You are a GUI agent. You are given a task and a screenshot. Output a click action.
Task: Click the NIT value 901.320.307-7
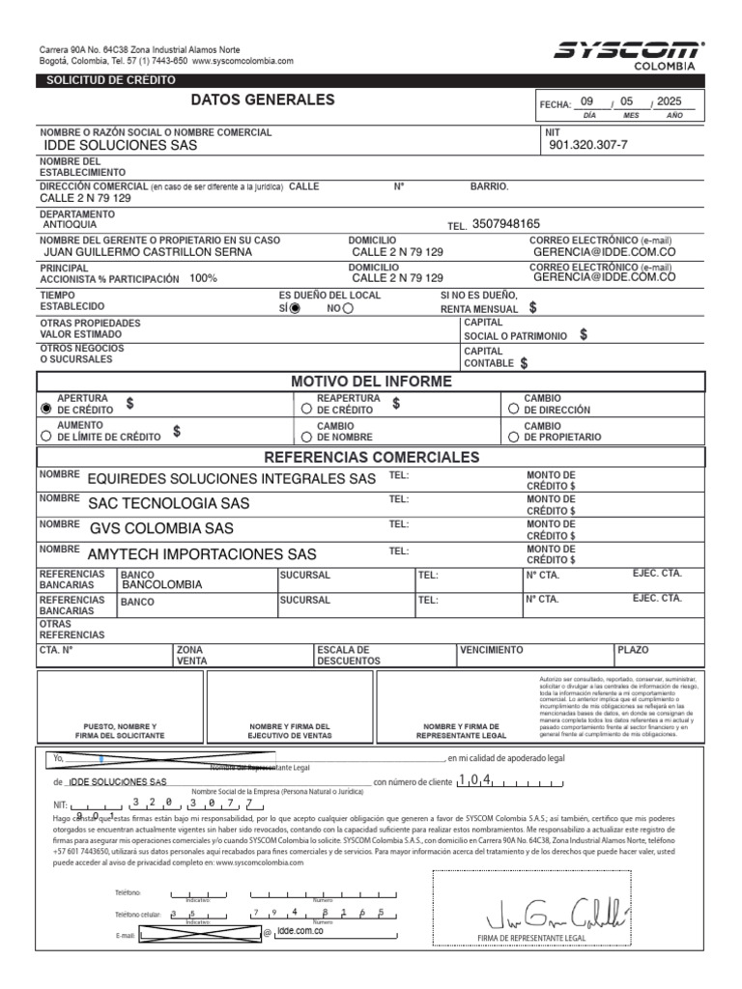coord(587,146)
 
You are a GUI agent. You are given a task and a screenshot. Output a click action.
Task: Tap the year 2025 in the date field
coord(669,101)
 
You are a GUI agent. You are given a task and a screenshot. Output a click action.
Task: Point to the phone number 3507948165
coord(506,223)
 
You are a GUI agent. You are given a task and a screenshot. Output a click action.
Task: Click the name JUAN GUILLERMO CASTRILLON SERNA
coord(148,252)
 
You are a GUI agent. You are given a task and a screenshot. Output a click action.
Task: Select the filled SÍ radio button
coord(295,308)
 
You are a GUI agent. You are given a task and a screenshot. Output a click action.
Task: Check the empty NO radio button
coord(348,308)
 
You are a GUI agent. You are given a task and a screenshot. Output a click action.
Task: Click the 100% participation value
coord(203,278)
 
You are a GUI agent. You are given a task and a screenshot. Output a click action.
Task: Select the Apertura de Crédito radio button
coord(45,409)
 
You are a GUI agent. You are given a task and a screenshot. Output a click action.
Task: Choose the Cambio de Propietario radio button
coord(513,437)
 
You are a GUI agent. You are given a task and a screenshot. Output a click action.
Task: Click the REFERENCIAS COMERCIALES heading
coord(371,457)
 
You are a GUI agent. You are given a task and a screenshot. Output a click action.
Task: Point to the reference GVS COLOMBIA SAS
coord(160,528)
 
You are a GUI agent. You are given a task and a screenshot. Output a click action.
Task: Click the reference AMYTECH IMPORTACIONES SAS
coord(202,554)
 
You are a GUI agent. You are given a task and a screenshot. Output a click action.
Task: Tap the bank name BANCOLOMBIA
coord(163,585)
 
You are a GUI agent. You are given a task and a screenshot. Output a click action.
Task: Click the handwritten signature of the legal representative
coord(557,911)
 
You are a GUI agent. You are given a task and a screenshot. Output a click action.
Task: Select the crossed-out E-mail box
coord(200,933)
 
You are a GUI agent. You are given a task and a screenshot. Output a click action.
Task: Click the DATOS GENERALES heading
coord(263,99)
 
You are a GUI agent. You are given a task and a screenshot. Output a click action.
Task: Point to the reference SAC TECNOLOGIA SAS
coord(168,503)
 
